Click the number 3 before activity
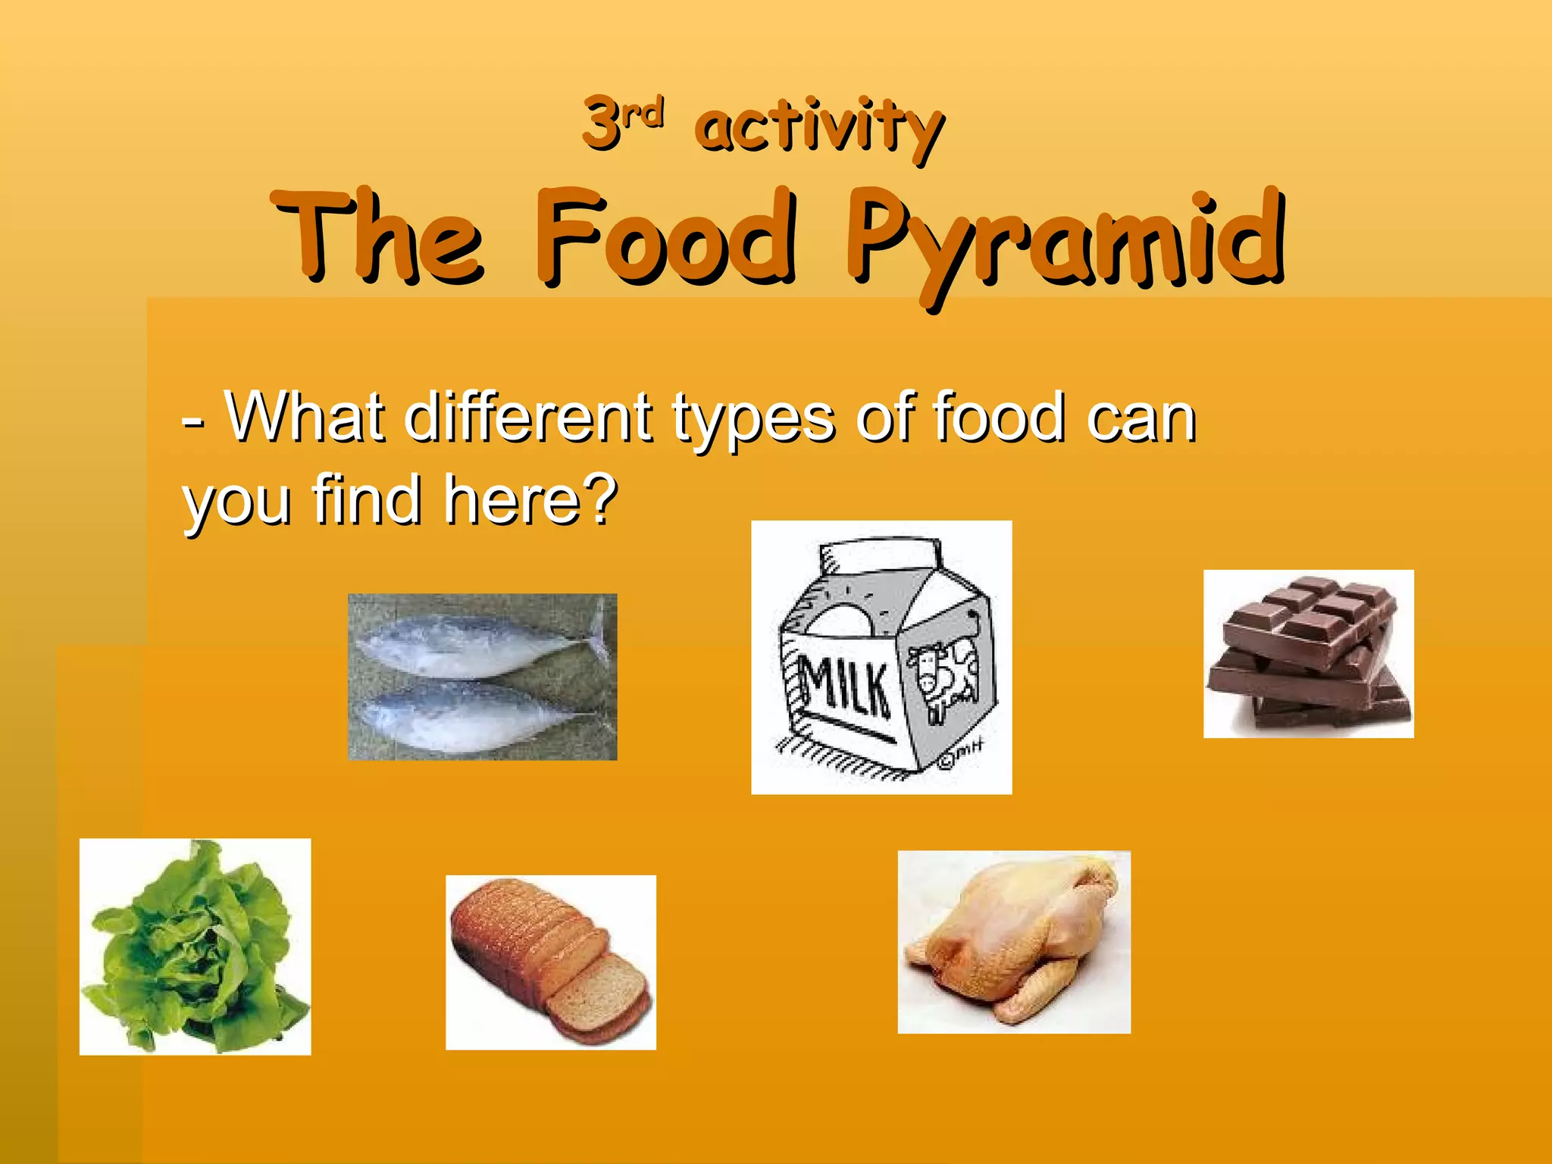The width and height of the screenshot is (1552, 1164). click(x=600, y=123)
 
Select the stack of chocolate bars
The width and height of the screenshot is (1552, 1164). click(x=1309, y=653)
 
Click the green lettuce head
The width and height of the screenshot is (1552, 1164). click(x=195, y=947)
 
